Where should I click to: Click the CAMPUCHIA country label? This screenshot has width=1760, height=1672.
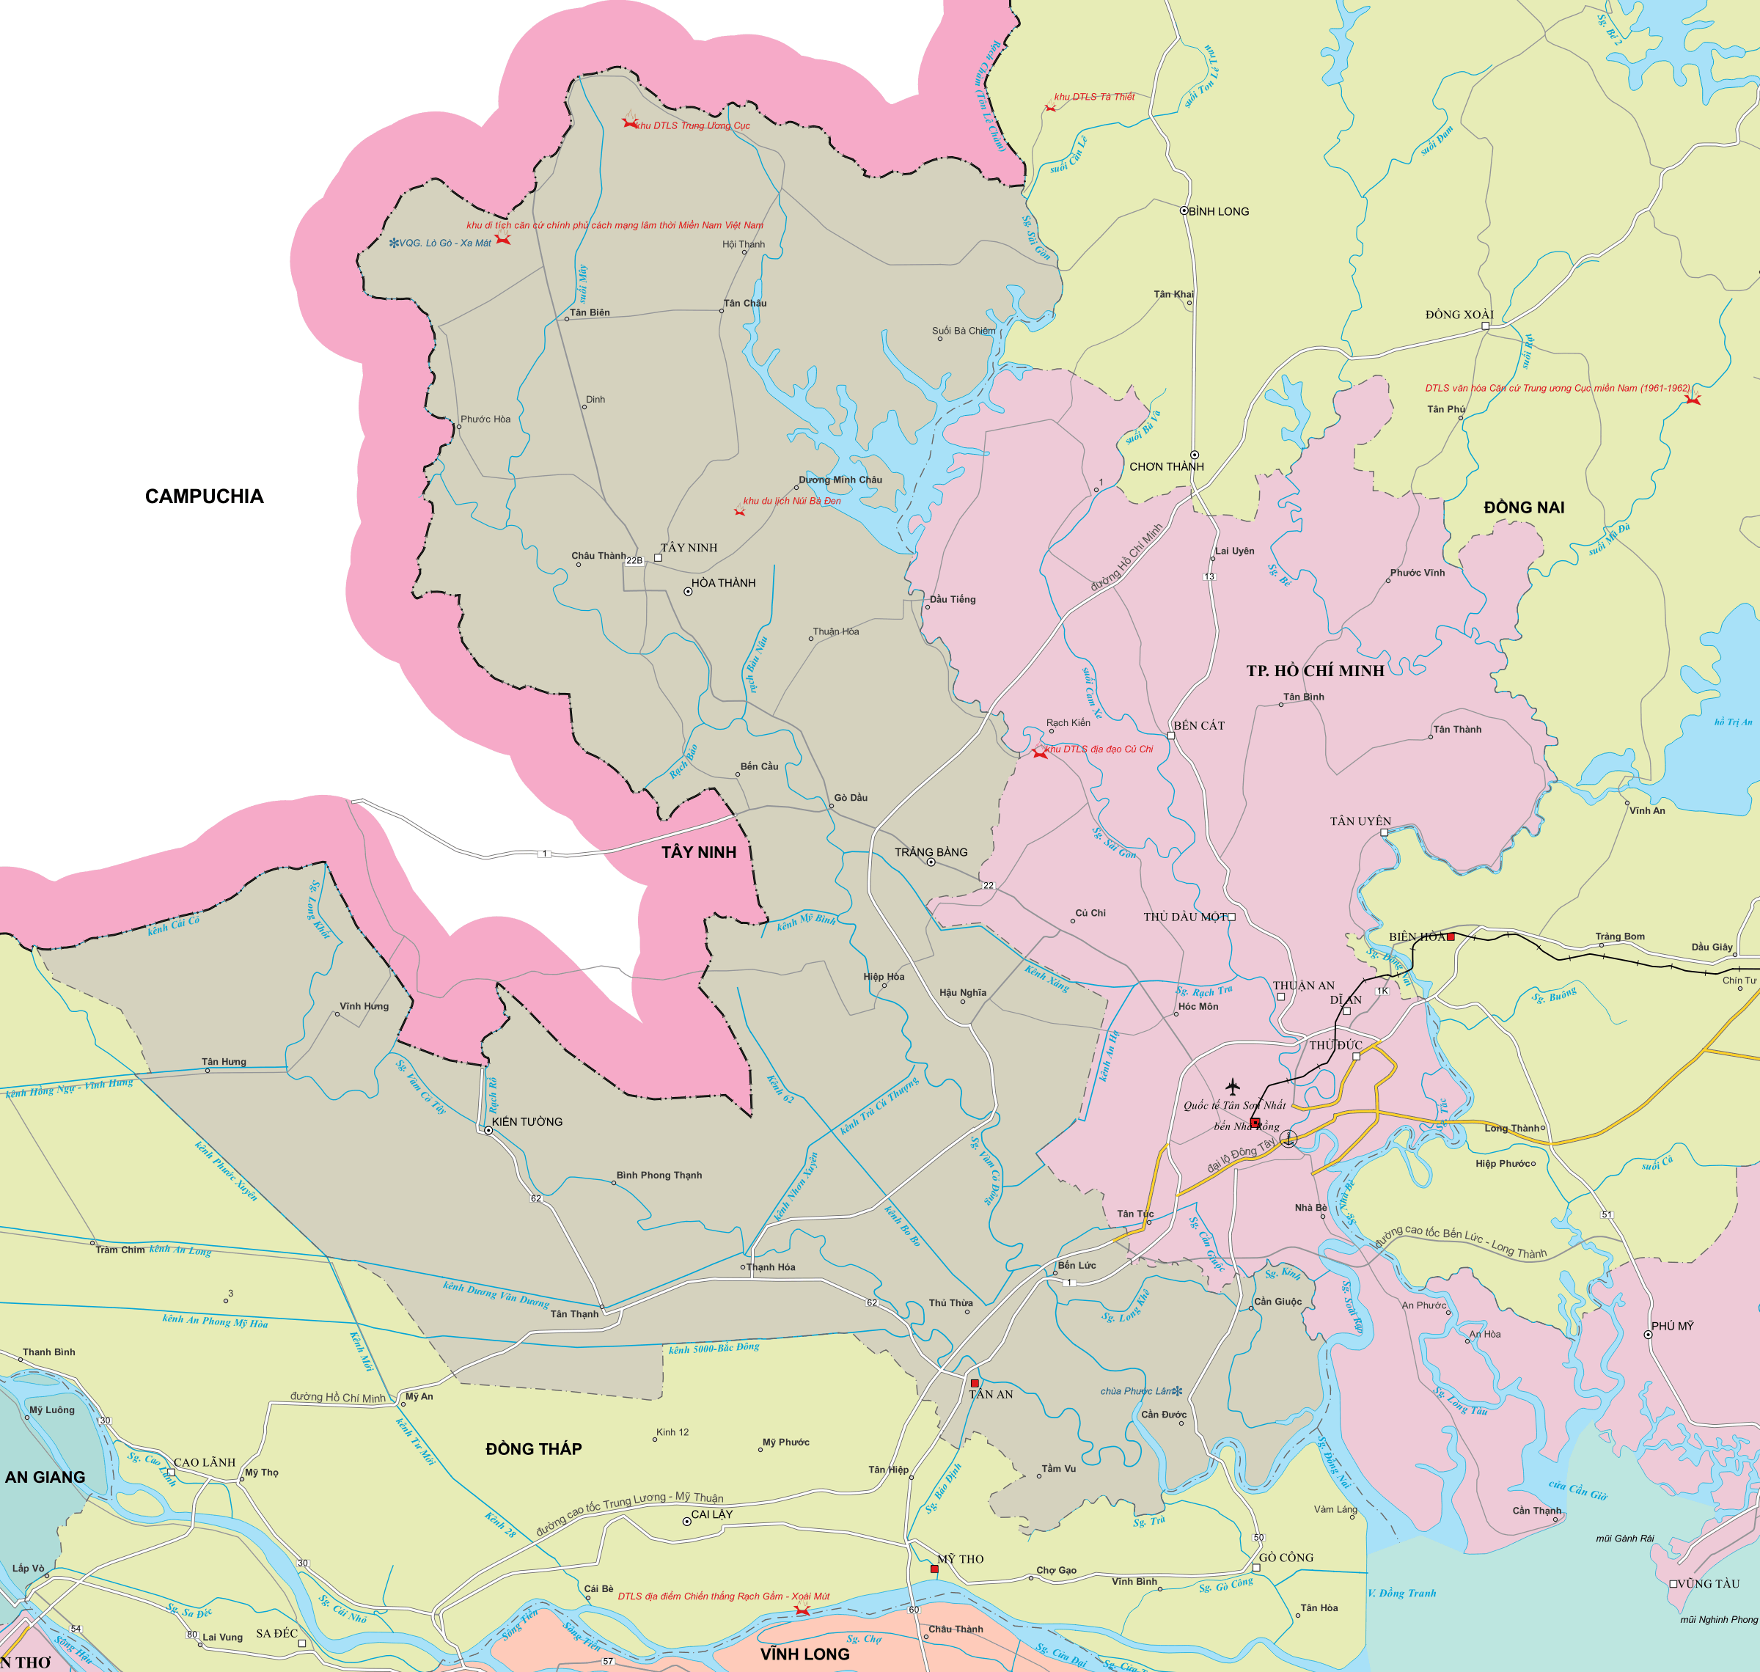pyautogui.click(x=204, y=496)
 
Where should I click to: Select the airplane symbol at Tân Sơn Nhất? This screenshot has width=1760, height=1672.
pyautogui.click(x=1233, y=1087)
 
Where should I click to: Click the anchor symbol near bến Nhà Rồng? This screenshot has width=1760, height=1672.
pyautogui.click(x=1288, y=1138)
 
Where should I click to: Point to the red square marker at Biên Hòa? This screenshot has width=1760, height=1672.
pyautogui.click(x=1451, y=936)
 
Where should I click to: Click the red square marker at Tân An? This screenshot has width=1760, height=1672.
pyautogui.click(x=974, y=1383)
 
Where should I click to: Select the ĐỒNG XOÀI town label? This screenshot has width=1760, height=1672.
pyautogui.click(x=1459, y=315)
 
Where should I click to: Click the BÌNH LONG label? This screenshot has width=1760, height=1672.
pyautogui.click(x=1218, y=211)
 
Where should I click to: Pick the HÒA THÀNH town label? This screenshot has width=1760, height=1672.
pyautogui.click(x=723, y=583)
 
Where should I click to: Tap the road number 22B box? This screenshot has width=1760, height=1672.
pyautogui.click(x=634, y=560)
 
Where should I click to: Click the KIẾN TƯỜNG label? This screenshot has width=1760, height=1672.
pyautogui.click(x=527, y=1122)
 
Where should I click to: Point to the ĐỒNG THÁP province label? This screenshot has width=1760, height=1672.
pyautogui.click(x=533, y=1449)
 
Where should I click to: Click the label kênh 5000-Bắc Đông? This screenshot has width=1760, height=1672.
pyautogui.click(x=714, y=1349)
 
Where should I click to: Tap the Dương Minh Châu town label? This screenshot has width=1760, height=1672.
pyautogui.click(x=840, y=480)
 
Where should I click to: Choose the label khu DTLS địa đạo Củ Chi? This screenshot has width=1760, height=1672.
pyautogui.click(x=1099, y=749)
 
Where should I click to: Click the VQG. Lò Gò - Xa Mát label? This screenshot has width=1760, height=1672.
pyautogui.click(x=444, y=243)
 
